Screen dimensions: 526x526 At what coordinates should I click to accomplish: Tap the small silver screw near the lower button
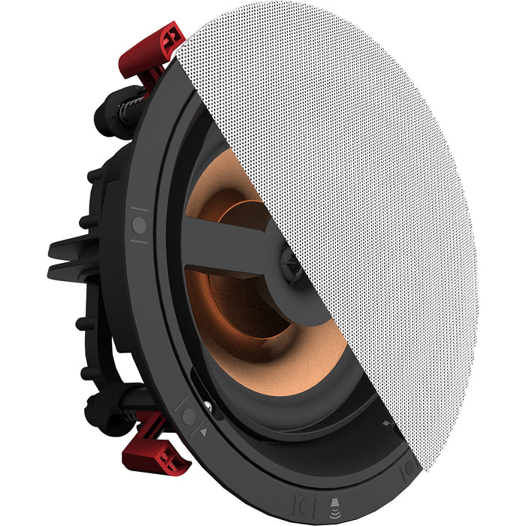pyautogui.click(x=207, y=409)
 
